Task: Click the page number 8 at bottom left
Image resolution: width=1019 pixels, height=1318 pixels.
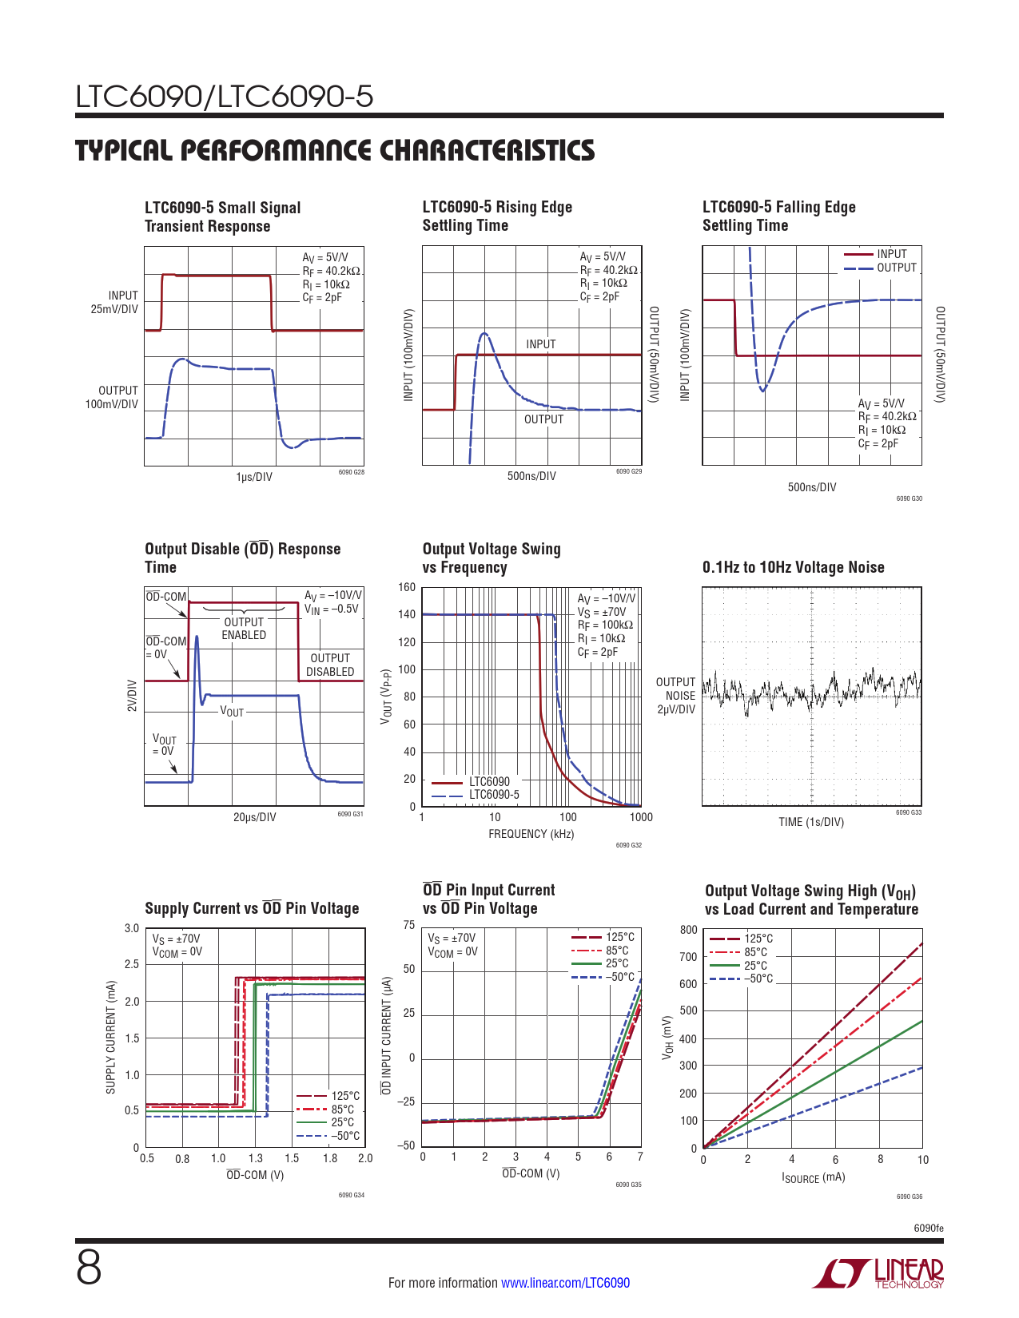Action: [89, 1268]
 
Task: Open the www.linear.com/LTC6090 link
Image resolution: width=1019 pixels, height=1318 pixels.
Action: [565, 1283]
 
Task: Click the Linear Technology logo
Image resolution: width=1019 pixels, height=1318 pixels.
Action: [878, 1273]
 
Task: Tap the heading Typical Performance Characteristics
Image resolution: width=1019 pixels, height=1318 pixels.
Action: [335, 150]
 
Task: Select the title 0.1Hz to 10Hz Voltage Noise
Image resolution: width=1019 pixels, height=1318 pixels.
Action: [793, 567]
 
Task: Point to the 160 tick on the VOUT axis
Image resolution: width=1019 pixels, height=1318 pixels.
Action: [407, 588]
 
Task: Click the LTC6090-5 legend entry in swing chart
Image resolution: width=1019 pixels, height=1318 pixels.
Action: [494, 795]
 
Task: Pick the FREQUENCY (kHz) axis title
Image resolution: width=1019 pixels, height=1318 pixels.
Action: [531, 834]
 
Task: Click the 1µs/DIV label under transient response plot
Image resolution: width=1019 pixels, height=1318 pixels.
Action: [253, 477]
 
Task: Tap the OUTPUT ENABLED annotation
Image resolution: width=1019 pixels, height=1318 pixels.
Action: [244, 629]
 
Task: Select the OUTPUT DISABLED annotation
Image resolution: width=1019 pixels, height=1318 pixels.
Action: [330, 665]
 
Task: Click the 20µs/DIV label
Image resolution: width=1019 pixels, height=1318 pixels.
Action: [254, 817]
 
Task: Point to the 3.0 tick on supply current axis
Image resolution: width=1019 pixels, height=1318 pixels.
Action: [131, 928]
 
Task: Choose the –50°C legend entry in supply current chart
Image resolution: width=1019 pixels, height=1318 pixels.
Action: [345, 1136]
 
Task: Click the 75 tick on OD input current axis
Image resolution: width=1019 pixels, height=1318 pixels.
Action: [408, 926]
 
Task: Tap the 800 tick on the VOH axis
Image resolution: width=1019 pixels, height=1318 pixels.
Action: [688, 930]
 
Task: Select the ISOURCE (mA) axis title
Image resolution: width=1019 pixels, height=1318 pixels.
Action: [813, 1177]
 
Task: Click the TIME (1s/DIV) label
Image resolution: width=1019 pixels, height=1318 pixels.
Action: [810, 822]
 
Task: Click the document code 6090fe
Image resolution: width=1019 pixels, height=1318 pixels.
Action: [928, 1229]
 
